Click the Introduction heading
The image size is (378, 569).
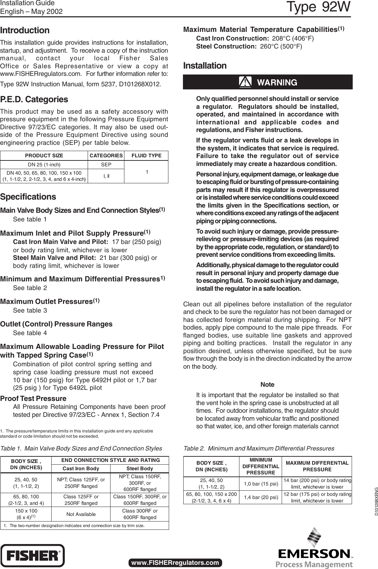click(x=25, y=30)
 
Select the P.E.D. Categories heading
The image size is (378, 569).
click(x=34, y=99)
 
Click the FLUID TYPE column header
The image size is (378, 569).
click(x=147, y=156)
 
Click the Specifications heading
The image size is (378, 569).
click(x=28, y=197)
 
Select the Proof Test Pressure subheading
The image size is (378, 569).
click(x=33, y=399)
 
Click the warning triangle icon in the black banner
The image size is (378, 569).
click(x=245, y=82)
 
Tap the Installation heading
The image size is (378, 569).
click(x=204, y=66)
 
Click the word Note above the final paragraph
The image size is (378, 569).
click(x=267, y=385)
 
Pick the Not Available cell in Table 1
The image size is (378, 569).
click(x=81, y=514)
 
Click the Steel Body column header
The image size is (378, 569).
click(x=140, y=469)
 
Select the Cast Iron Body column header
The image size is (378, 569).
click(x=81, y=469)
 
